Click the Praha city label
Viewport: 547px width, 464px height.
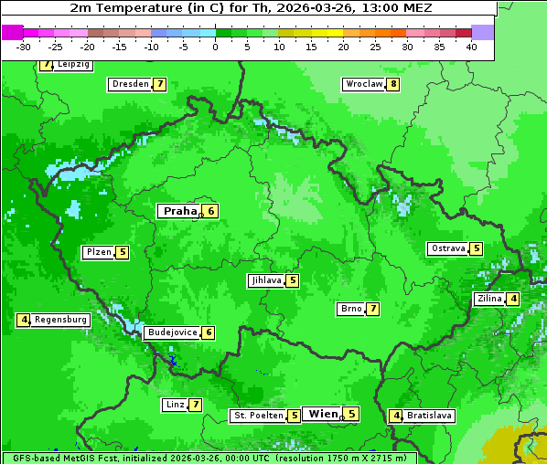click(180, 211)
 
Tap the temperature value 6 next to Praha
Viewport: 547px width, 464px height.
click(211, 211)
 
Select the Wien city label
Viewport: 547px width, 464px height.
click(323, 414)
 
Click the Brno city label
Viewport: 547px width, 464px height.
click(350, 309)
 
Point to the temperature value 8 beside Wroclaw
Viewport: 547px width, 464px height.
click(393, 84)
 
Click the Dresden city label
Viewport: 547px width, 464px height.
click(130, 84)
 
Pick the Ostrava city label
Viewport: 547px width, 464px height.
click(447, 248)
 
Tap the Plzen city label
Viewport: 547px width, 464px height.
click(98, 252)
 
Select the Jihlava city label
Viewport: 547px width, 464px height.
click(265, 280)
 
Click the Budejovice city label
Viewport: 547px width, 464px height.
click(172, 332)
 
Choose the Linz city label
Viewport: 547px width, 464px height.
click(175, 405)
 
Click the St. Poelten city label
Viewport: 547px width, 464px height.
click(258, 416)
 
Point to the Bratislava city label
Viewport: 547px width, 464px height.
click(429, 416)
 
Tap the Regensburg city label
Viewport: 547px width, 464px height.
click(61, 320)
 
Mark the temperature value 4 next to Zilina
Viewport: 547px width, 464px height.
click(513, 299)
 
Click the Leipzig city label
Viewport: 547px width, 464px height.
click(73, 65)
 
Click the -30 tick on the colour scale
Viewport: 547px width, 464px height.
click(24, 47)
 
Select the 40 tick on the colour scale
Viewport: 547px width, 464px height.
click(471, 47)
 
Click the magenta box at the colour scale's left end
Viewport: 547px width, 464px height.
click(12, 32)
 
